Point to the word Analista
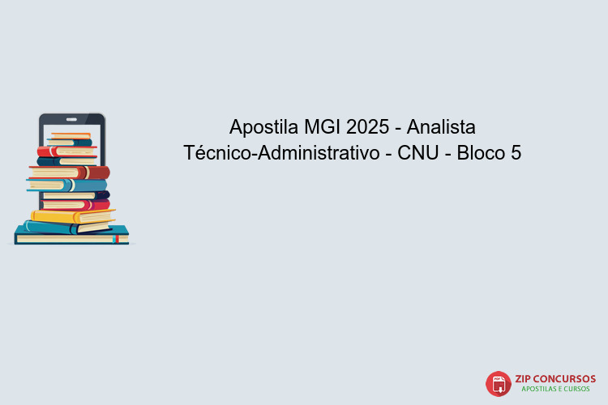click(x=441, y=127)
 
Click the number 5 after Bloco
click(x=516, y=152)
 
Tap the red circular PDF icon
click(x=498, y=384)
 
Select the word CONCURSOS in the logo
click(x=566, y=378)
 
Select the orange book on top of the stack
click(x=71, y=135)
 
